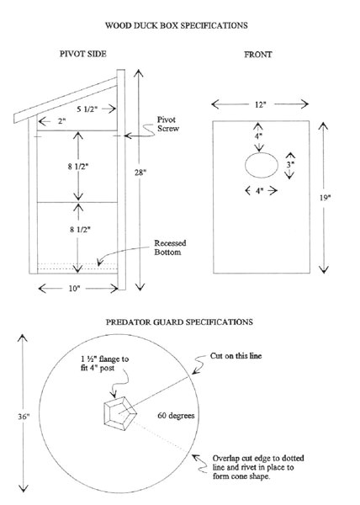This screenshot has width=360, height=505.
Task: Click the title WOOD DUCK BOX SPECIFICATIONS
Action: (x=178, y=26)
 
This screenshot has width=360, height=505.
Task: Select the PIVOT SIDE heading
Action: (x=82, y=56)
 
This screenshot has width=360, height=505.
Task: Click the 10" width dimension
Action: (x=74, y=289)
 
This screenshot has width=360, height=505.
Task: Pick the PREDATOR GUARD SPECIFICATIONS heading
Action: (x=178, y=322)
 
